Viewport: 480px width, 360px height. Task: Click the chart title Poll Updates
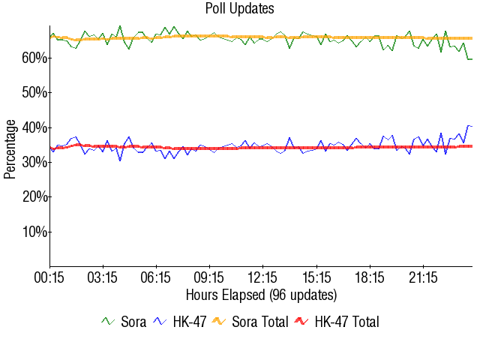(240, 9)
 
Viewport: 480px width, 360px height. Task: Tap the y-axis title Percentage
(10, 148)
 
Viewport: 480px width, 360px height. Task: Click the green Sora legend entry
(124, 322)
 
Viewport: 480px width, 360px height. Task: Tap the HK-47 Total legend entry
(337, 322)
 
